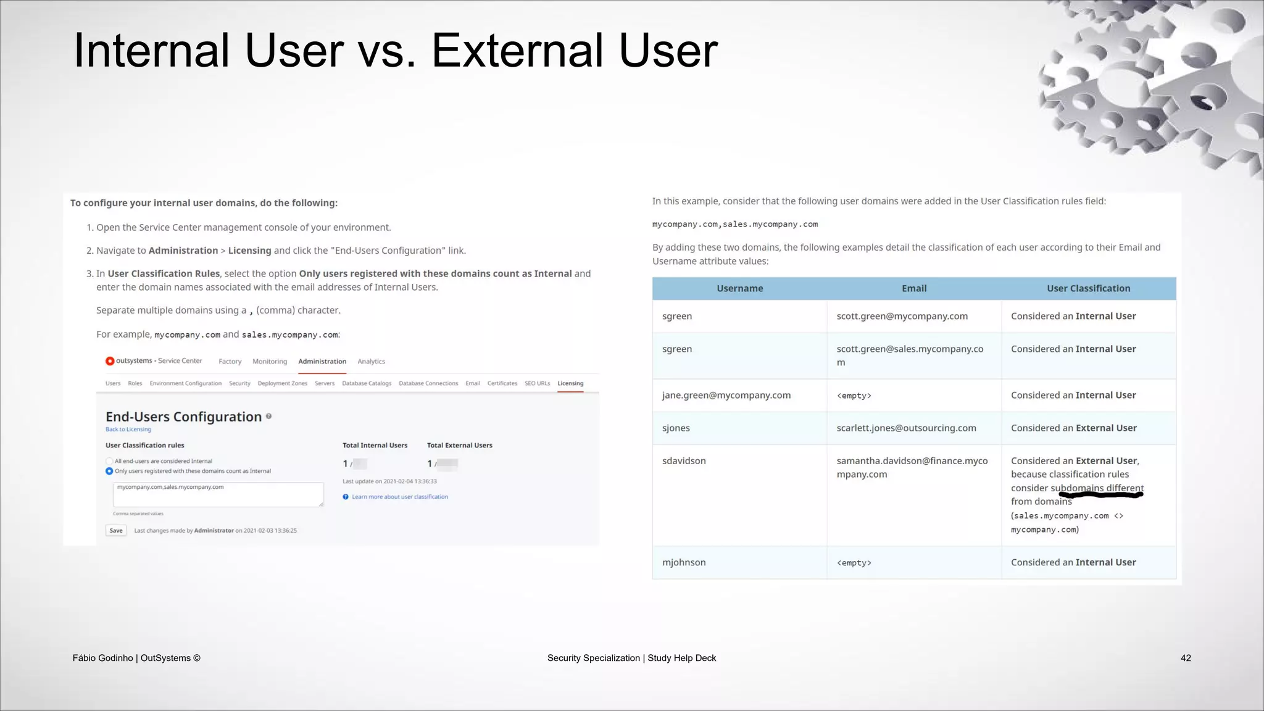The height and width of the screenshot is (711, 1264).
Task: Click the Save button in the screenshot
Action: pyautogui.click(x=116, y=531)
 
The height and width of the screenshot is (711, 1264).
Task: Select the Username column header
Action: pyautogui.click(x=739, y=288)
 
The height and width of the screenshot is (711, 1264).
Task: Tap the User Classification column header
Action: pyautogui.click(x=1088, y=288)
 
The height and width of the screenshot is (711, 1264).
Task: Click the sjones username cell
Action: pyautogui.click(x=676, y=428)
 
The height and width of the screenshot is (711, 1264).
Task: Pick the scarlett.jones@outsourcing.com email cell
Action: pyautogui.click(x=906, y=428)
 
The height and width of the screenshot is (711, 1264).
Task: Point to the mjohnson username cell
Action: pyautogui.click(x=684, y=562)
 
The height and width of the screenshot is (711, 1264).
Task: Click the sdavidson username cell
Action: pyautogui.click(x=684, y=461)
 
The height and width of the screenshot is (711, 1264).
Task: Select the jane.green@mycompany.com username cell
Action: pyautogui.click(x=726, y=395)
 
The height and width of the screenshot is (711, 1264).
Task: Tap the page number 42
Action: pyautogui.click(x=1186, y=658)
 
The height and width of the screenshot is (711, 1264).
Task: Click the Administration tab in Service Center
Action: pyautogui.click(x=322, y=362)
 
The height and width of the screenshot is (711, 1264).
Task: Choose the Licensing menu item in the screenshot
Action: pyautogui.click(x=570, y=383)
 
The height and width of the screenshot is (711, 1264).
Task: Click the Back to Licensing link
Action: pyautogui.click(x=128, y=430)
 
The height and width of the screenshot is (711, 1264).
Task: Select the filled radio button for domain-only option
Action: pyautogui.click(x=109, y=471)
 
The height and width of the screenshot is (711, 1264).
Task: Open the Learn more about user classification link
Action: pyautogui.click(x=399, y=497)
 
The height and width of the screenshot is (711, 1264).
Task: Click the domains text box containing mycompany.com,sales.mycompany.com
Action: pyautogui.click(x=218, y=494)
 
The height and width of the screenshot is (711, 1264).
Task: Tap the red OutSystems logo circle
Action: pyautogui.click(x=110, y=361)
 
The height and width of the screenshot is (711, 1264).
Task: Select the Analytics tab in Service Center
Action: pyautogui.click(x=371, y=362)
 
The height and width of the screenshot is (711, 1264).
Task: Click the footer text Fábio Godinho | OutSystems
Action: pyautogui.click(x=136, y=658)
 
